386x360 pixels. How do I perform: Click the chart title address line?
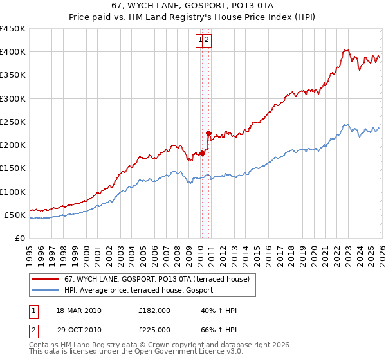193,6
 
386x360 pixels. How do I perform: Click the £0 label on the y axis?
19,238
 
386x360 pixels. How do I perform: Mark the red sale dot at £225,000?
208,134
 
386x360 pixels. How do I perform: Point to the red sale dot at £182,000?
201,153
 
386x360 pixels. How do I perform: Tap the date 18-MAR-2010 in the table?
79,310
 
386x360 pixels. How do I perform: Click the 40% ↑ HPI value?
219,310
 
